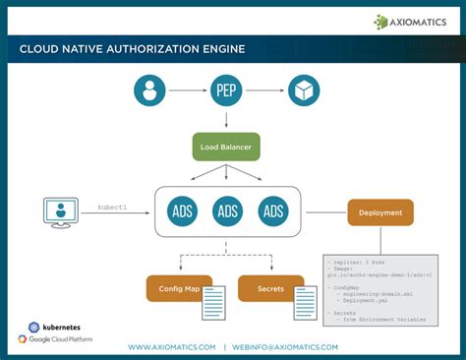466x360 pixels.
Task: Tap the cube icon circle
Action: point(304,90)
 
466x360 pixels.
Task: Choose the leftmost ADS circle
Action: point(183,211)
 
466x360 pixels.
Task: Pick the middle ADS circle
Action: point(228,211)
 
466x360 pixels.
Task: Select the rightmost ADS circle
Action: point(273,211)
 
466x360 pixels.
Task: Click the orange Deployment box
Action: point(380,212)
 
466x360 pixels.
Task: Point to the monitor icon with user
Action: point(60,211)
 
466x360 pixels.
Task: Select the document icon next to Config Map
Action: point(214,302)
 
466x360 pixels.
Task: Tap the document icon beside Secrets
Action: point(306,302)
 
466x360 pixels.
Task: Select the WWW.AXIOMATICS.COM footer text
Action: point(171,347)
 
